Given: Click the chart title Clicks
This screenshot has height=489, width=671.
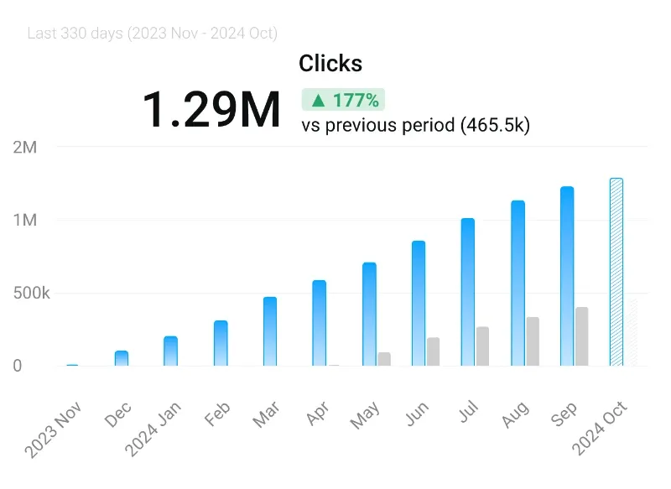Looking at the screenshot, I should pyautogui.click(x=330, y=64).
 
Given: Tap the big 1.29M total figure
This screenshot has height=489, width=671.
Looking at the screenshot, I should pyautogui.click(x=211, y=109).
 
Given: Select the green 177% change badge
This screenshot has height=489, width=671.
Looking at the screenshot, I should pyautogui.click(x=344, y=101).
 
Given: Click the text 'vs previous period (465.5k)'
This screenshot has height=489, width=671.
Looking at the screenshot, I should pyautogui.click(x=415, y=126).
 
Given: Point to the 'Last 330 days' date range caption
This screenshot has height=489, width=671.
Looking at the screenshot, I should pyautogui.click(x=152, y=34).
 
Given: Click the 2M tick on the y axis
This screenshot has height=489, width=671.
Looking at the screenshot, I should pyautogui.click(x=25, y=148).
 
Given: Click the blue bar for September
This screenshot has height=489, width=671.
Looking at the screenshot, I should pyautogui.click(x=567, y=276).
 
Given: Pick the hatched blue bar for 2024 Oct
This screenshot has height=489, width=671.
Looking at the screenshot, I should pyautogui.click(x=616, y=272).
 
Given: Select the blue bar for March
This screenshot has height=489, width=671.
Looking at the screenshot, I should pyautogui.click(x=270, y=331).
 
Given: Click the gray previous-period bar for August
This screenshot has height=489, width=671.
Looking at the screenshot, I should pyautogui.click(x=533, y=341).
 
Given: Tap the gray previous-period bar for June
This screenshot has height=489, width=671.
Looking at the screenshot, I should pyautogui.click(x=433, y=351).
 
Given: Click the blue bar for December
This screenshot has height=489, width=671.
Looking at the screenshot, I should pyautogui.click(x=122, y=358).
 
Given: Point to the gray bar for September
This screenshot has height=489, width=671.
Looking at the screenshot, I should pyautogui.click(x=582, y=336).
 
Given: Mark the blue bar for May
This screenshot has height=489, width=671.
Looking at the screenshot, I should pyautogui.click(x=369, y=315).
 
